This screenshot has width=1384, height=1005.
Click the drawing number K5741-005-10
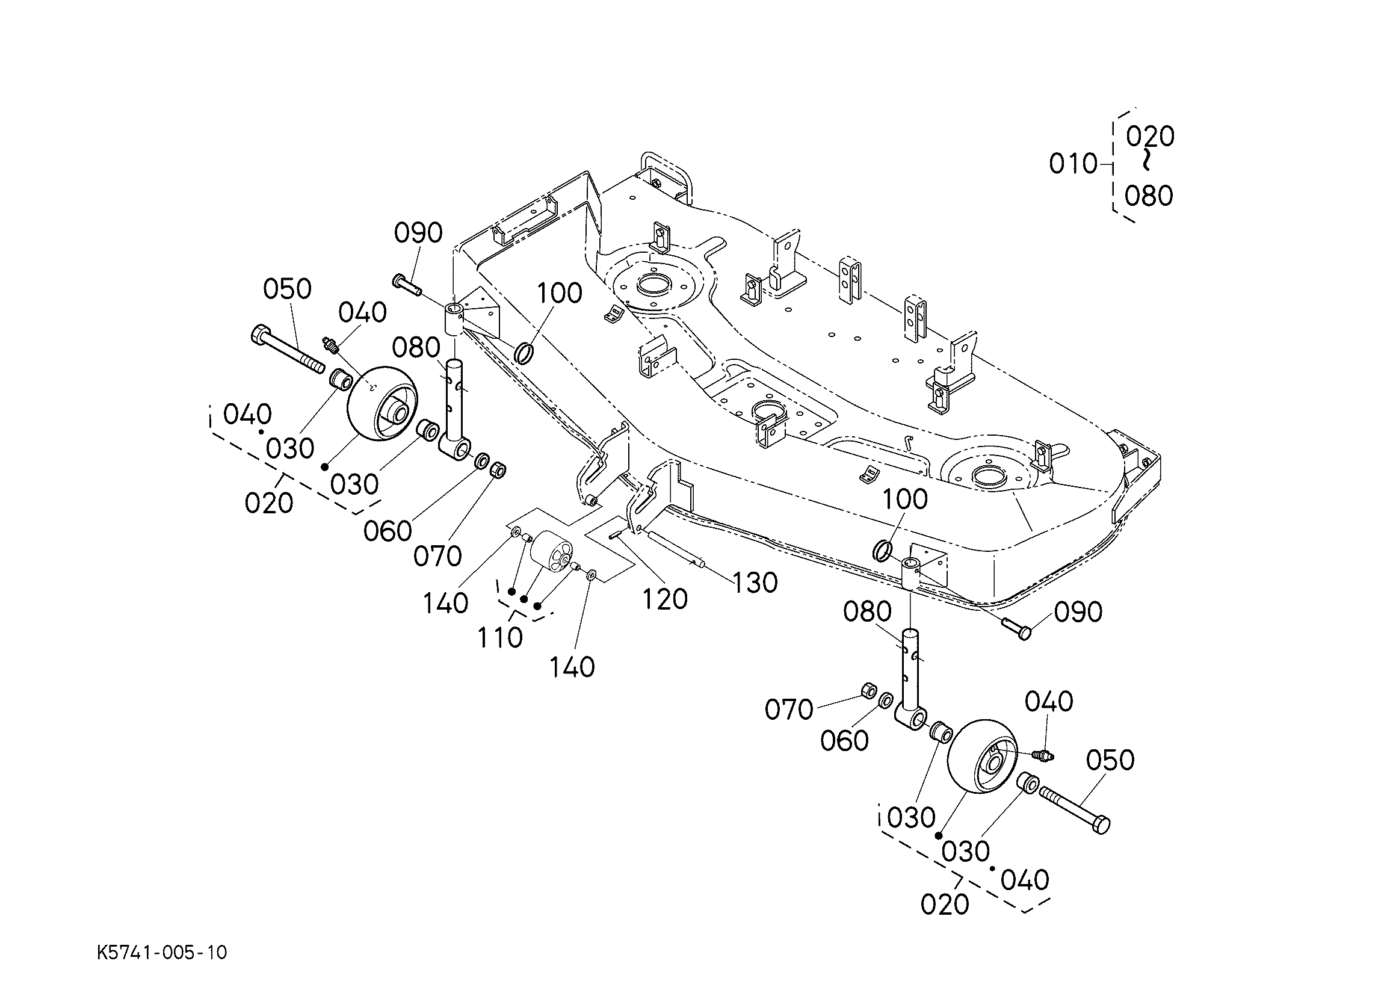click(162, 953)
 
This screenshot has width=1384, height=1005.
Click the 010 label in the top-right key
click(1073, 164)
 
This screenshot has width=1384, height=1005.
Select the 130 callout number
click(755, 583)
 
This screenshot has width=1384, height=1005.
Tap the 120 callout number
click(664, 599)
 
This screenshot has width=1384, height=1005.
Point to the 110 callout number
click(500, 639)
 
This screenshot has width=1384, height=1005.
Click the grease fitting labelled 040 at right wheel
click(1044, 755)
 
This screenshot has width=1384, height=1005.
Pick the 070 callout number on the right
click(788, 710)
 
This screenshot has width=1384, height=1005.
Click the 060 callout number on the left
click(388, 531)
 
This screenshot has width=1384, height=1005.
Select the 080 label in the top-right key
click(1149, 196)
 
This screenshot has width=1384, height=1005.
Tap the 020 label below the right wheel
click(945, 904)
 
